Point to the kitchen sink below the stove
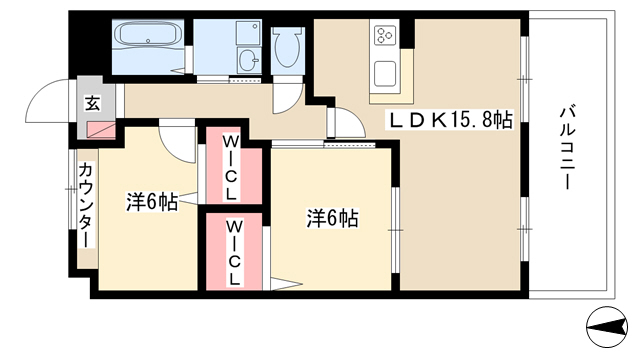[x=385, y=73]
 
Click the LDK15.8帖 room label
[x=450, y=120]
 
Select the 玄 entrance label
[x=92, y=103]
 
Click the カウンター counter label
[x=86, y=205]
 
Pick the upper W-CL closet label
[x=231, y=168]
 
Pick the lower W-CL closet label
[x=234, y=253]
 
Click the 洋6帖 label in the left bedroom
[x=151, y=202]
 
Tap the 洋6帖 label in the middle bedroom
[x=333, y=218]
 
